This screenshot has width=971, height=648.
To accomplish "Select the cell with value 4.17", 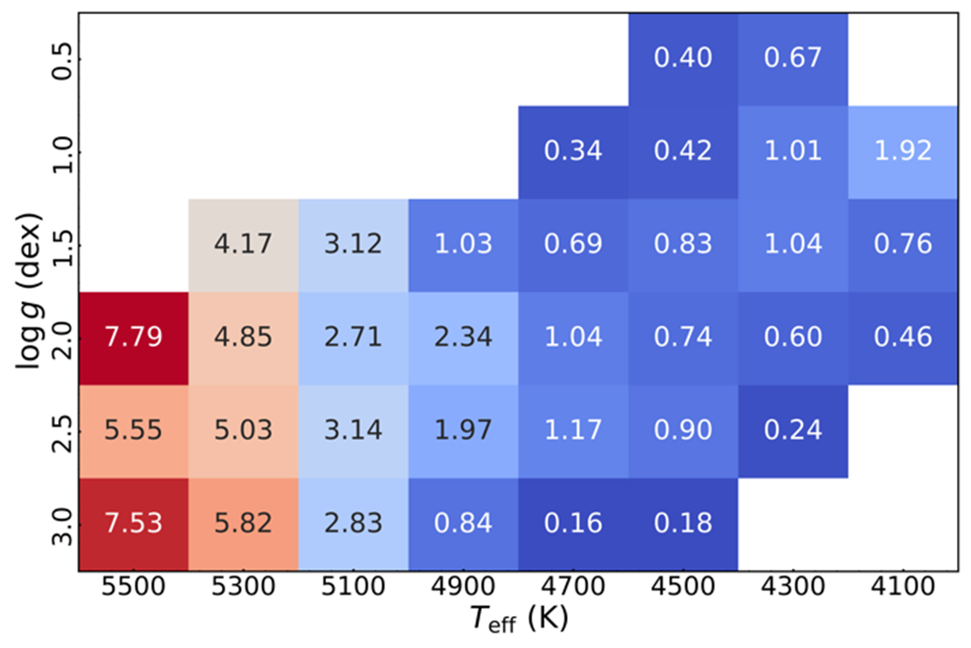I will pos(243,245).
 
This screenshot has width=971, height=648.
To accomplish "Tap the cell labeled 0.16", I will pos(573,522).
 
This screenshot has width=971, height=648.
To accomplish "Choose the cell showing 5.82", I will pos(243,522).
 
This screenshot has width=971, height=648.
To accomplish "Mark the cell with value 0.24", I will pos(793,429).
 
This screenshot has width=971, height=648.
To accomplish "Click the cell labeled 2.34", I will pos(463,337).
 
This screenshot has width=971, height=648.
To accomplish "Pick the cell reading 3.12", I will pos(352,245).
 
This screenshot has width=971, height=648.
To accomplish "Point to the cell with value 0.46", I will pos(904,337).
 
